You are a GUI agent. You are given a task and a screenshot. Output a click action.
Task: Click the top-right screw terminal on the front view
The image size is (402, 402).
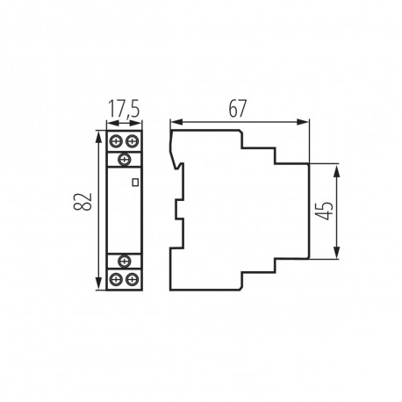132,140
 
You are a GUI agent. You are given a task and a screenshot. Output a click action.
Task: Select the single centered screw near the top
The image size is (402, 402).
124,158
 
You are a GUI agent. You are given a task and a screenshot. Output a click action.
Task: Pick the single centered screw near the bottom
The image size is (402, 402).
124,261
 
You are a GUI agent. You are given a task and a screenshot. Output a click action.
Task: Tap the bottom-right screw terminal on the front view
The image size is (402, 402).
132,279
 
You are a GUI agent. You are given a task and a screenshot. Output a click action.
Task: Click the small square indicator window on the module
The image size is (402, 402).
134,183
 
